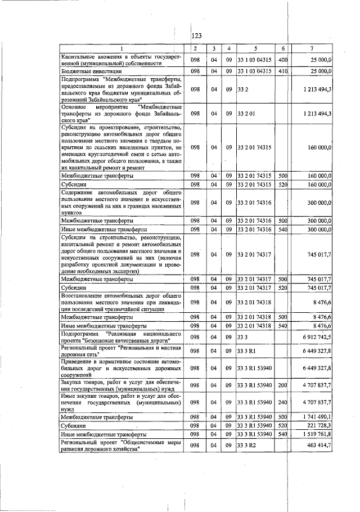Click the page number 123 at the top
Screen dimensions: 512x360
click(x=197, y=36)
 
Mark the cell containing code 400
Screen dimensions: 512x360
click(x=283, y=60)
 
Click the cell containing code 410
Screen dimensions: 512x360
click(x=283, y=71)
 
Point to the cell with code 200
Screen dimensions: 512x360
click(x=283, y=385)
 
